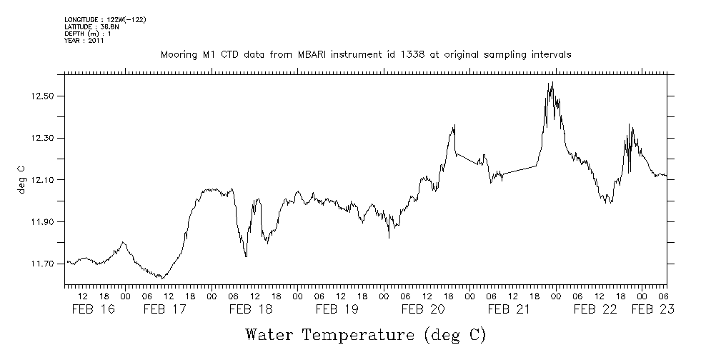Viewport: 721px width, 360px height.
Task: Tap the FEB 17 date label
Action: tap(164, 309)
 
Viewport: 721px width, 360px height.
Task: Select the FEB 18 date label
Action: tap(250, 309)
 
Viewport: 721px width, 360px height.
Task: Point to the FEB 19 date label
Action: tap(337, 309)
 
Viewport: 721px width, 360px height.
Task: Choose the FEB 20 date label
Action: tap(423, 309)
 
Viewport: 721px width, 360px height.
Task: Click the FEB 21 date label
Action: tap(509, 309)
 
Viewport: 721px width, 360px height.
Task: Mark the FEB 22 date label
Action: tap(595, 309)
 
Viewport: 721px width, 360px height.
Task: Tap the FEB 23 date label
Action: tap(653, 309)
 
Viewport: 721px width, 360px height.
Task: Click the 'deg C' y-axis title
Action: tap(21, 180)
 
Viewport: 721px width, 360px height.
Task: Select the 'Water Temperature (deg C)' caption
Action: tap(365, 334)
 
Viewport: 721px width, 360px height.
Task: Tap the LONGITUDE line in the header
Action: tap(105, 19)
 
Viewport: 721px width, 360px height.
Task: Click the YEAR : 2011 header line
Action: tap(84, 41)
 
